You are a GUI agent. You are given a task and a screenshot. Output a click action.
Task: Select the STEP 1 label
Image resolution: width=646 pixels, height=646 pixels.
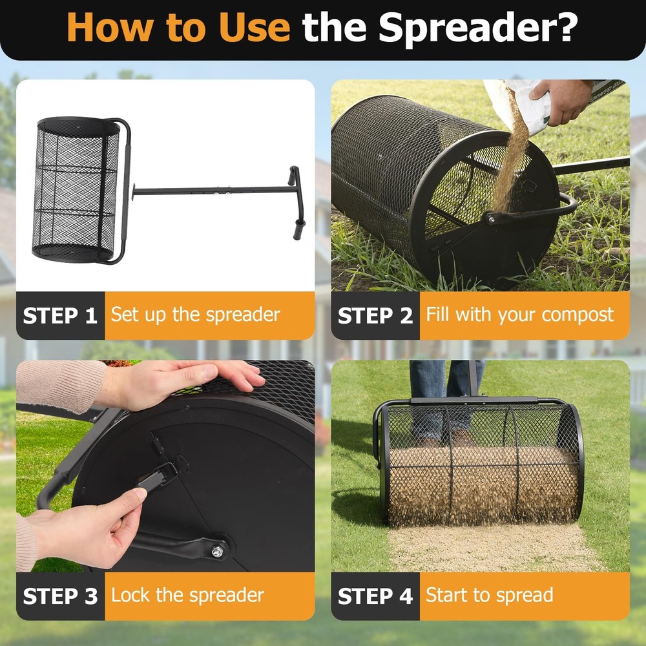pyautogui.click(x=60, y=315)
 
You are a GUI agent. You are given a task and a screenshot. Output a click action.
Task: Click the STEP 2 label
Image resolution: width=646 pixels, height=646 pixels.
pyautogui.click(x=375, y=315)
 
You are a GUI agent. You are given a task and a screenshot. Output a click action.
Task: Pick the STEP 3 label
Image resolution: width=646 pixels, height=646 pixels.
pyautogui.click(x=60, y=596)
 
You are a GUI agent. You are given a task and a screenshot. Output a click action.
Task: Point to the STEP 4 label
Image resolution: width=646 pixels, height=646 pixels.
pyautogui.click(x=375, y=596)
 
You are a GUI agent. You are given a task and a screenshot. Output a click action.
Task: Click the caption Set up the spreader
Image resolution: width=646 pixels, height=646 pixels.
pyautogui.click(x=195, y=315)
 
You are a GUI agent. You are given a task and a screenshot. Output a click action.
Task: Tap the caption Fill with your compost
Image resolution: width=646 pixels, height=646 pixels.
pyautogui.click(x=519, y=315)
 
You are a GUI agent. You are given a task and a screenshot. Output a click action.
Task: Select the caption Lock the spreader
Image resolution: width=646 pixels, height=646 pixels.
pyautogui.click(x=187, y=596)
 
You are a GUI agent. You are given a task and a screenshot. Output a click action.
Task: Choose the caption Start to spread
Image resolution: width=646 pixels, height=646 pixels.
pyautogui.click(x=489, y=596)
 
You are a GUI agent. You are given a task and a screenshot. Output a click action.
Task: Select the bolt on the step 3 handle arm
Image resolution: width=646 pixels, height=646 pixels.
pyautogui.click(x=218, y=550)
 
